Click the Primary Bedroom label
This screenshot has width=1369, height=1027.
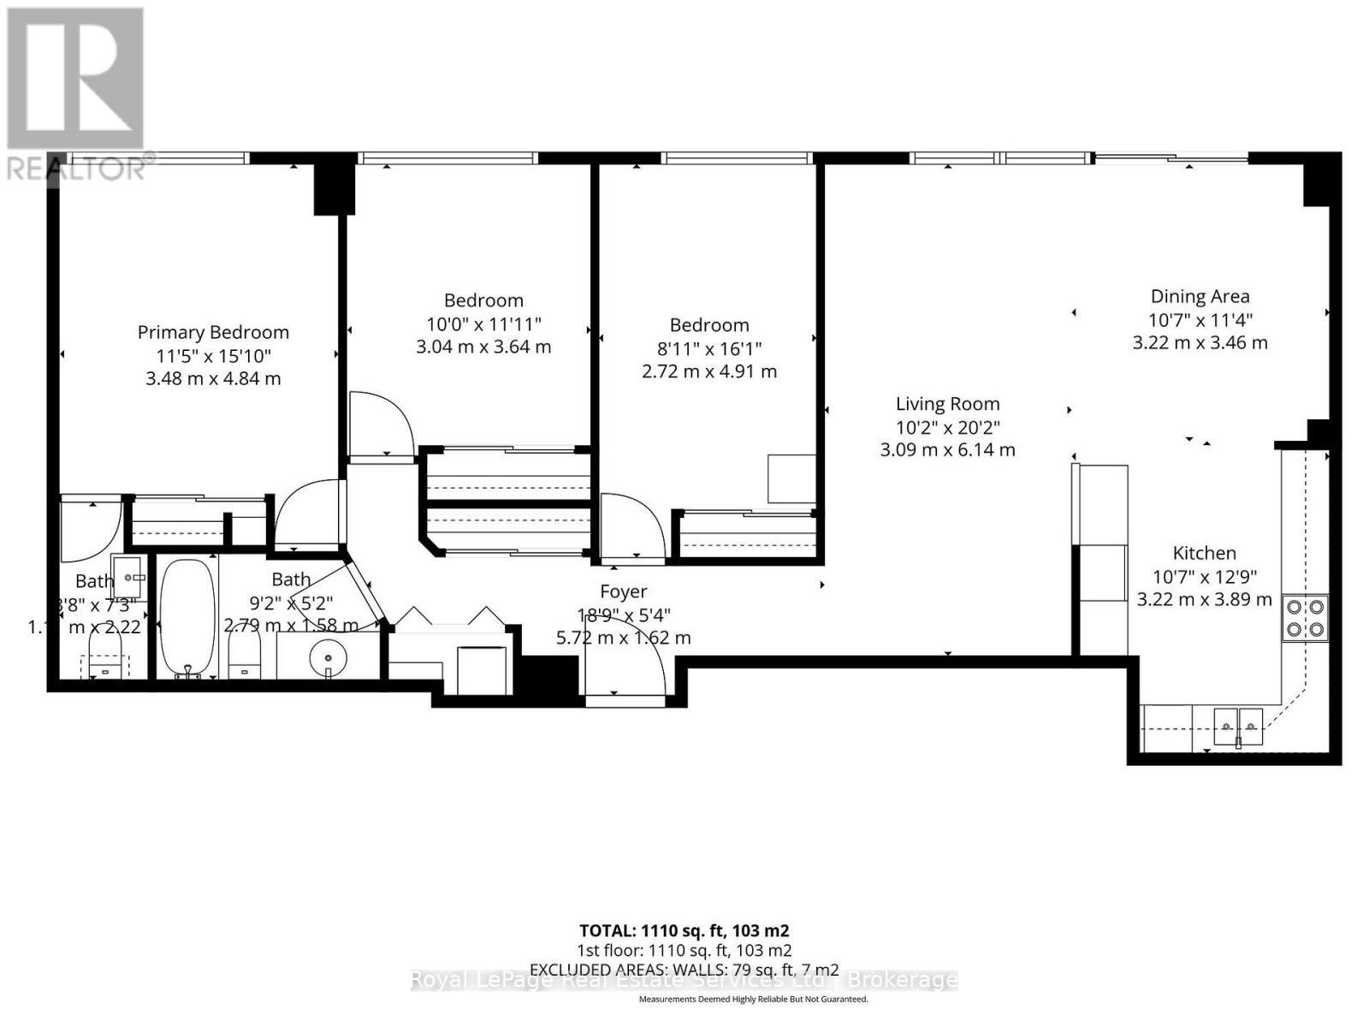213,332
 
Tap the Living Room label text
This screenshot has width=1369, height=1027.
947,404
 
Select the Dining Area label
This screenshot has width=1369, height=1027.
1200,296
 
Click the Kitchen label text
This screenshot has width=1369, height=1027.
1204,553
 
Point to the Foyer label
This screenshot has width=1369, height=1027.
623,591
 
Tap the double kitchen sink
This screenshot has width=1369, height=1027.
1238,727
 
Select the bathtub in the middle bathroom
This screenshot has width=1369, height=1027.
187,616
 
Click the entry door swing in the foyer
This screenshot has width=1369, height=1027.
625,668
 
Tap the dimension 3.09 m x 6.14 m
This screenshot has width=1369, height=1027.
947,449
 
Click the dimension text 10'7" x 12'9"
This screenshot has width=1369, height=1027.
1204,577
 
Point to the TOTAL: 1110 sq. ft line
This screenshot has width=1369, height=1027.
684,930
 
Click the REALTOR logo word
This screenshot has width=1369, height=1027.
77,168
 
